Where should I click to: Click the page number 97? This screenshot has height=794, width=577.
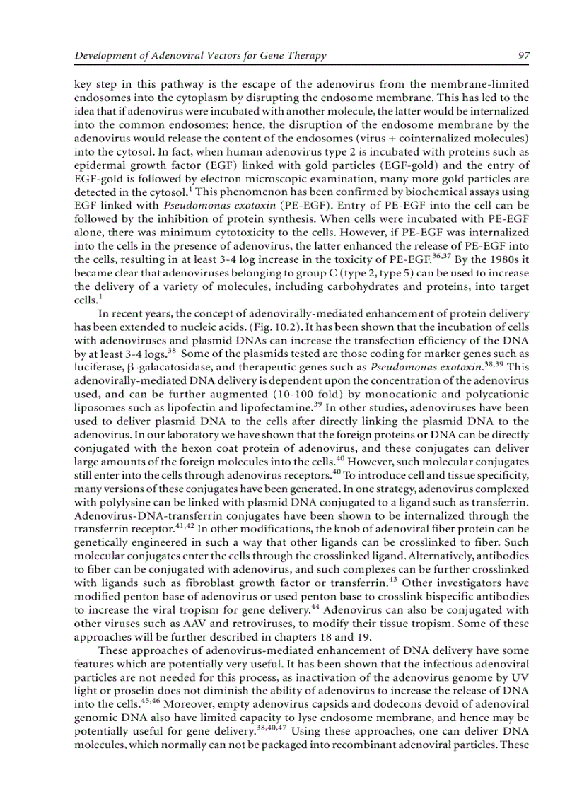tap(523, 56)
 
